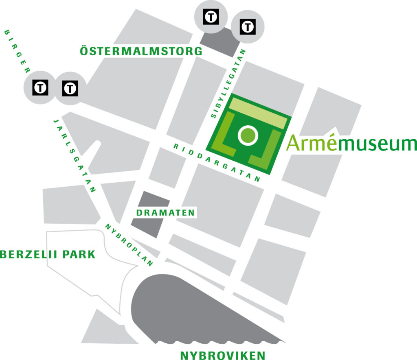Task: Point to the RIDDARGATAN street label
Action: tap(216, 162)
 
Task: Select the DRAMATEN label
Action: tap(165, 212)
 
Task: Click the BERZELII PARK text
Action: tap(48, 255)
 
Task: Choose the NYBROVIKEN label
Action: tap(222, 355)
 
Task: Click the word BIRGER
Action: tap(17, 51)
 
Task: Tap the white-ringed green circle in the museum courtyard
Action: tap(248, 135)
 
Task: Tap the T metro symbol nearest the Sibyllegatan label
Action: tap(248, 26)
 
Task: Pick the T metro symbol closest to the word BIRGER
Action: tap(40, 87)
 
